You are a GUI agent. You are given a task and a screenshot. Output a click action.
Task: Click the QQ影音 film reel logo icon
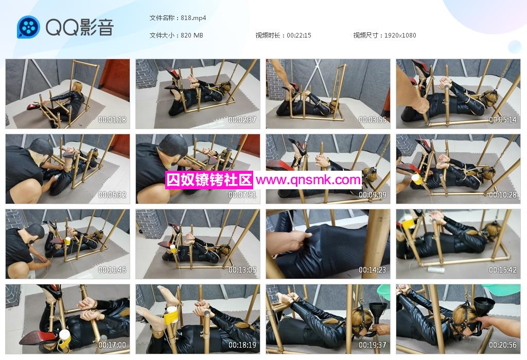[x=29, y=27]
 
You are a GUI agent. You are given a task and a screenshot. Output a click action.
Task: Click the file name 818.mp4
[x=194, y=18]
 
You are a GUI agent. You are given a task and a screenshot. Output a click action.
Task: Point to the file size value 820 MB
[x=192, y=35]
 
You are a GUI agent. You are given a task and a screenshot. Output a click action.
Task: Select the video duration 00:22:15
[x=299, y=35]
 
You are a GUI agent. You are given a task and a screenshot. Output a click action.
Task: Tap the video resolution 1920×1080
[x=400, y=35]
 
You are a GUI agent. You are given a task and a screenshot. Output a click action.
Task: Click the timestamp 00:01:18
[x=112, y=119]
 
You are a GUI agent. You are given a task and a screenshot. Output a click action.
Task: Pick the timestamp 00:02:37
[x=242, y=119]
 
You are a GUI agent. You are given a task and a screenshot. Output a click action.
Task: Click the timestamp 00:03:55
[x=373, y=119]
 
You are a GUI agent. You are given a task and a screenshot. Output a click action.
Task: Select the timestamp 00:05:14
[x=502, y=119]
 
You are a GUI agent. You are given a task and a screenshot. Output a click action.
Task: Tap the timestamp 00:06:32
[x=112, y=195]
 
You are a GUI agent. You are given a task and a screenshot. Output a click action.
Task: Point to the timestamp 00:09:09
[x=373, y=195]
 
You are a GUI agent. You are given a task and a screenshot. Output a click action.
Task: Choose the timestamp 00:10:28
[x=502, y=195]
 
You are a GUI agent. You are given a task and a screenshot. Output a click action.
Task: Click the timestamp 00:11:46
[x=112, y=270]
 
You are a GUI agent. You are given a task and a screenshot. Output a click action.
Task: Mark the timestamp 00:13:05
[x=242, y=270]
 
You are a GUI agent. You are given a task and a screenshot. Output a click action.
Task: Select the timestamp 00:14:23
[x=373, y=270]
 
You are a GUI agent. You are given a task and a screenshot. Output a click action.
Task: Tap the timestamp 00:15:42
[x=502, y=270]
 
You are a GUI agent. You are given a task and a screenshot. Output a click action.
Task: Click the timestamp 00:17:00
[x=112, y=345]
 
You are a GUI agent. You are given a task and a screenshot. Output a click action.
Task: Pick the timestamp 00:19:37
[x=373, y=345]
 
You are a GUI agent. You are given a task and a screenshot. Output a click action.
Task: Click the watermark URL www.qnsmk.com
[x=308, y=181]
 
